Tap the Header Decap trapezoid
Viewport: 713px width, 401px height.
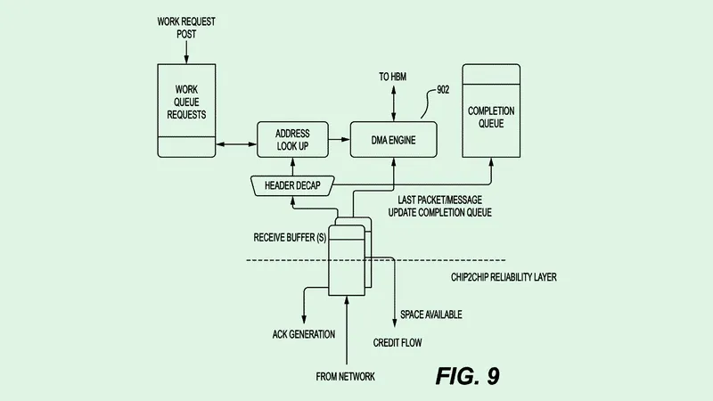[291, 185]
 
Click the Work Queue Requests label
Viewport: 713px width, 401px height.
[185, 102]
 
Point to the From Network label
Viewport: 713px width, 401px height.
[346, 377]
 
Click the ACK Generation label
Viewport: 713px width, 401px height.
[303, 334]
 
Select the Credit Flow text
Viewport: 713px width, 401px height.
[397, 341]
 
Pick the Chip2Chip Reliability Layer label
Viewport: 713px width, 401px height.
[504, 277]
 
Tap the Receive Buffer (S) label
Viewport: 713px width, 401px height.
[286, 238]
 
